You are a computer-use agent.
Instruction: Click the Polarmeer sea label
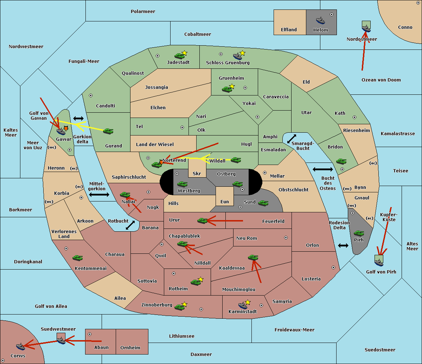[143, 12]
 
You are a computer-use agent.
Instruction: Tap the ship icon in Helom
[320, 20]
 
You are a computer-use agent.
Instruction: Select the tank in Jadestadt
[180, 55]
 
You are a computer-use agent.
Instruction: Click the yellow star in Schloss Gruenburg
[242, 53]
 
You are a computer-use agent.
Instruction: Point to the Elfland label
[289, 30]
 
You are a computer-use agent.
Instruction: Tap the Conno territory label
[405, 27]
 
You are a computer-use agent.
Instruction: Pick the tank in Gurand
[108, 131]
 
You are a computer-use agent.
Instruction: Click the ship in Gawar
[61, 131]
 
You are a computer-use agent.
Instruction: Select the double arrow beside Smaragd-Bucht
[292, 139]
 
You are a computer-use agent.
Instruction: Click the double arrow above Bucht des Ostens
[322, 170]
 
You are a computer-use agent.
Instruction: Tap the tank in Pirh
[359, 233]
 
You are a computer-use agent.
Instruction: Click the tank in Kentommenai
[77, 258]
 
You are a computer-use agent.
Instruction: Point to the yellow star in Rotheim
[200, 279]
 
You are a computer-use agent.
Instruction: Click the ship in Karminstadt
[243, 305]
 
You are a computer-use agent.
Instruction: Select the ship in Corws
[21, 346]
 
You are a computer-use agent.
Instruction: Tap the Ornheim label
[130, 348]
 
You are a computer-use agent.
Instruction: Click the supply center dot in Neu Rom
[286, 238]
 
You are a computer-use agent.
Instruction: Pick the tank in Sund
[263, 203]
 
